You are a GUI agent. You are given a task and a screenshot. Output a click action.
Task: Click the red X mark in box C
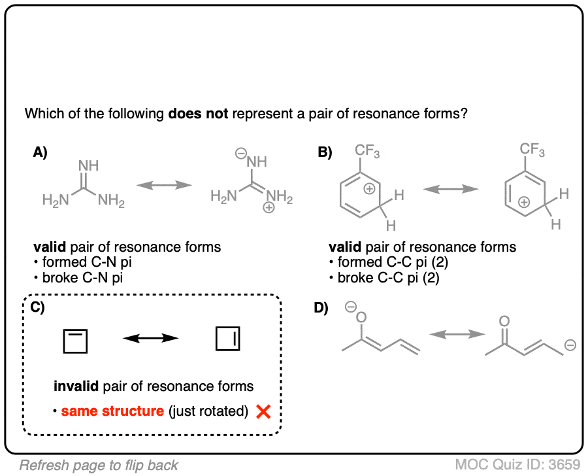tap(264, 412)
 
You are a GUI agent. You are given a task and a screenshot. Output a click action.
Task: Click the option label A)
tap(41, 152)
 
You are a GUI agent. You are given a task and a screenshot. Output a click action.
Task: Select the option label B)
tap(324, 152)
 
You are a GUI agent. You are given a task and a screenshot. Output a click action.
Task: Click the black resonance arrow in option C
tap(151, 338)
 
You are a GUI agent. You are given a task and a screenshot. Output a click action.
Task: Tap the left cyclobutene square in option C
tap(75, 341)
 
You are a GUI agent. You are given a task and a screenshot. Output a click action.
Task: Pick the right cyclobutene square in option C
tap(229, 339)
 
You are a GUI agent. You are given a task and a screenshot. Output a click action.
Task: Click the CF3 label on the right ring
tap(532, 151)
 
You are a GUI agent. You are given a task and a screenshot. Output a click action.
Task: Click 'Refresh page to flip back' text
tap(99, 466)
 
